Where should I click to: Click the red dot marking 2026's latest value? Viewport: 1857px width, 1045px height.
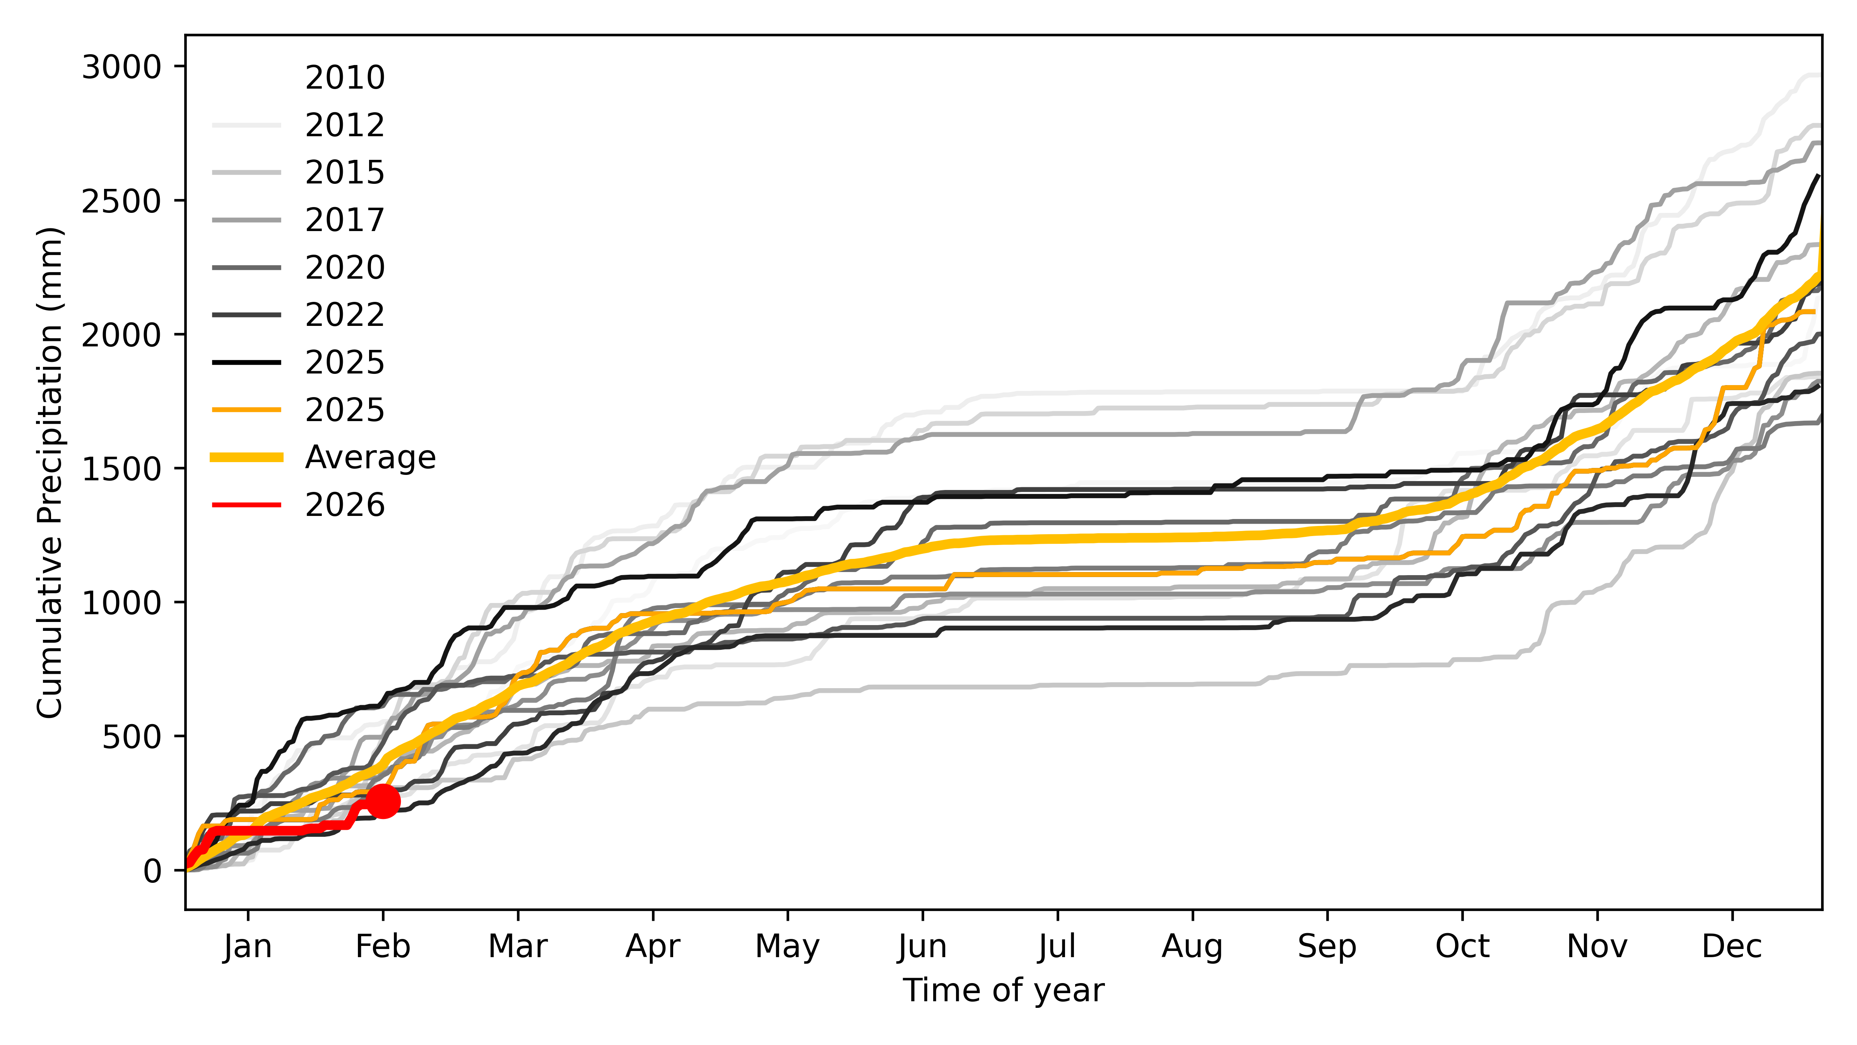(x=383, y=801)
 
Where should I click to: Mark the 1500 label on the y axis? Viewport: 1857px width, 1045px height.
(x=121, y=469)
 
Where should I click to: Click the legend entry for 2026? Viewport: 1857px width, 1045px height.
(x=345, y=505)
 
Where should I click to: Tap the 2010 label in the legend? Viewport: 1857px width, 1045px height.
(x=345, y=77)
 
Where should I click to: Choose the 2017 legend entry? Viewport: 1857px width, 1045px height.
(x=345, y=220)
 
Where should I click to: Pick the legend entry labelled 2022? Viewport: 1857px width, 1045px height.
(x=345, y=315)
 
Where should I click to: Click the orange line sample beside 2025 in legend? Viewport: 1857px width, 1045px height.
(x=246, y=409)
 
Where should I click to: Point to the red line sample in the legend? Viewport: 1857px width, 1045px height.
(x=246, y=505)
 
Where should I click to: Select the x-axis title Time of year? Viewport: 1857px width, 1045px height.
(x=1003, y=990)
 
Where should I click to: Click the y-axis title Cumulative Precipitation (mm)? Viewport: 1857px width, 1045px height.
(x=50, y=472)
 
